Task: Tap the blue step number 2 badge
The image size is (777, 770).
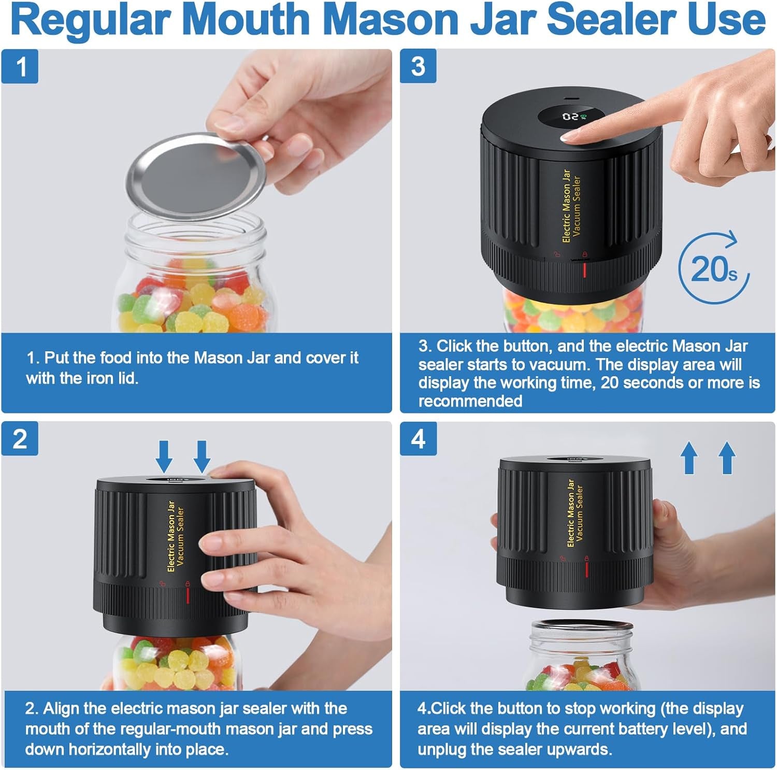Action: [x=20, y=438]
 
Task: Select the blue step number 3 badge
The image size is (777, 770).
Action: [x=418, y=66]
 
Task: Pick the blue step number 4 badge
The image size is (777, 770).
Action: [x=418, y=438]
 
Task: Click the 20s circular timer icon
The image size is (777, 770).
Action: [x=714, y=268]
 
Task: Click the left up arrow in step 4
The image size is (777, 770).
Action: [x=689, y=458]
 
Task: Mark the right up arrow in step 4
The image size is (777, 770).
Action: [x=727, y=458]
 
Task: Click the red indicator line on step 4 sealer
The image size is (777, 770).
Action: [x=586, y=568]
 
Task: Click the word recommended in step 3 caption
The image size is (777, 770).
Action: [x=470, y=401]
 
